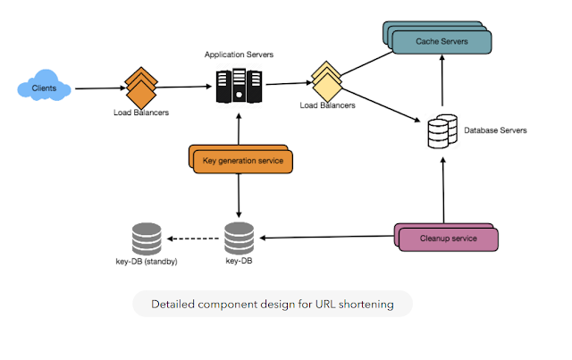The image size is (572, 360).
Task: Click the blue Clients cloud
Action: (46, 88)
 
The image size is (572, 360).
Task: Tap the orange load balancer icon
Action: (139, 88)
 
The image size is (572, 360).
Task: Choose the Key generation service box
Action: (242, 161)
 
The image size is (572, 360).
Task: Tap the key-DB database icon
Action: (239, 239)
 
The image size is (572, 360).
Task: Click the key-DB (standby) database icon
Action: (146, 239)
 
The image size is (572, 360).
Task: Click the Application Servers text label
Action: (239, 54)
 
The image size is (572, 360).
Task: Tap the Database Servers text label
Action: (494, 130)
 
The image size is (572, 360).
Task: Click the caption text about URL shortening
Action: (272, 304)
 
